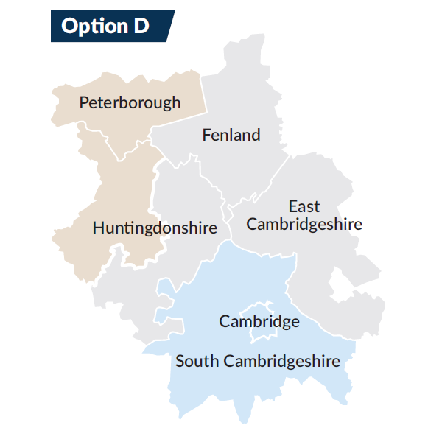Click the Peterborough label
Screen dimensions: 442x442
pyautogui.click(x=130, y=102)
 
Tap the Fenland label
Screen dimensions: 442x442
pyautogui.click(x=231, y=135)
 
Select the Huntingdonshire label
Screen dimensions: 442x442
pyautogui.click(x=155, y=228)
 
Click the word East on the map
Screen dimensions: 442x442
pyautogui.click(x=304, y=206)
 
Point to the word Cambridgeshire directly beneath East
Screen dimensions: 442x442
pyautogui.click(x=304, y=223)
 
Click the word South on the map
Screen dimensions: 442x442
pyautogui.click(x=197, y=361)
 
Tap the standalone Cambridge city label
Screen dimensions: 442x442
pyautogui.click(x=259, y=322)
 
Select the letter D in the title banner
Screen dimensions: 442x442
pyautogui.click(x=139, y=27)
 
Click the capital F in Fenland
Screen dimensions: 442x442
pyautogui.click(x=207, y=135)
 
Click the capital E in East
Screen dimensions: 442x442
pyautogui.click(x=292, y=206)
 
